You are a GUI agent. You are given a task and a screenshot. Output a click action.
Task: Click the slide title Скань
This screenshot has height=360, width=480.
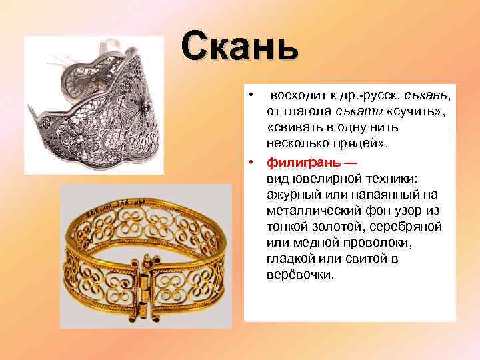click(x=239, y=46)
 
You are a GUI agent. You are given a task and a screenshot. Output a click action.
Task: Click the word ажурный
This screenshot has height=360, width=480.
click(x=292, y=194)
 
